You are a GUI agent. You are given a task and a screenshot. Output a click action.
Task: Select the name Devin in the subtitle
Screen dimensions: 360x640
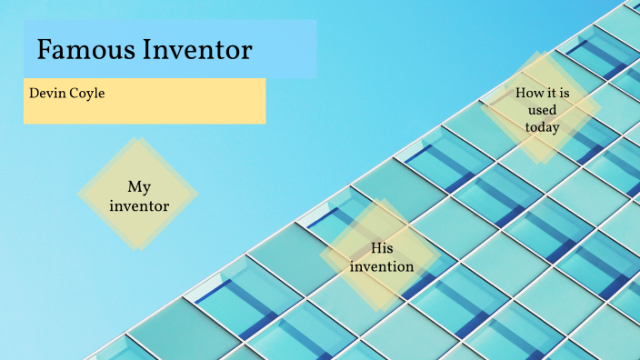47,93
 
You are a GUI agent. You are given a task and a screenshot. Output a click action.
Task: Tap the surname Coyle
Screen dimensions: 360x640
88,94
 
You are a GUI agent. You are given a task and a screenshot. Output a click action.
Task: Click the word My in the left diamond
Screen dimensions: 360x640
138,187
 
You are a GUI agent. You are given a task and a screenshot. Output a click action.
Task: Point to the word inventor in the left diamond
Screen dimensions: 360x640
138,206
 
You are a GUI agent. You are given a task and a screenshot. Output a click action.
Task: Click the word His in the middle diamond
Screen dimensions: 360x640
382,248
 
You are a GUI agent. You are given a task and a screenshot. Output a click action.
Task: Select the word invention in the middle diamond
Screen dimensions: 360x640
382,266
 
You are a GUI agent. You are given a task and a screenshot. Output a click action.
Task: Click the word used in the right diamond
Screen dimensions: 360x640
542,110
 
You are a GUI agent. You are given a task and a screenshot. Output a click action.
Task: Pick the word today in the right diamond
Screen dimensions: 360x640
542,127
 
